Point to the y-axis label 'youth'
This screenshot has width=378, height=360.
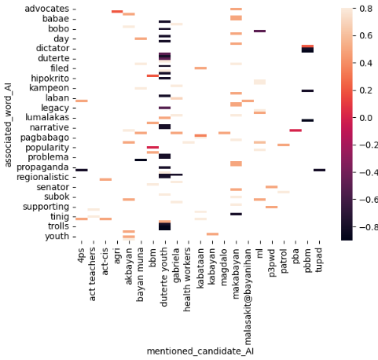point(54,237)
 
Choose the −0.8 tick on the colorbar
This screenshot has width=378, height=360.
point(365,226)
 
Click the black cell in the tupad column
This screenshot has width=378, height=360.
point(319,170)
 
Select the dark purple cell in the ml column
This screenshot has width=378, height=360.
point(259,31)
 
